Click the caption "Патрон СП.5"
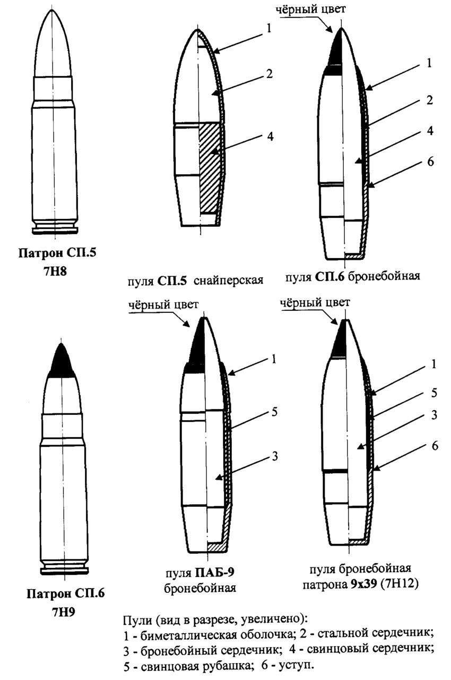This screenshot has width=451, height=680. coord(58,253)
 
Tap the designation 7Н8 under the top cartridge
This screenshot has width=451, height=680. coord(58,271)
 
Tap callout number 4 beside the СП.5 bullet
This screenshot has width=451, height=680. coord(270,137)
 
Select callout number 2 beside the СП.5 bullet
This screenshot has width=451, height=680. coord(269,74)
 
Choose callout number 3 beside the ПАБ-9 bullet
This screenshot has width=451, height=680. coord(275,455)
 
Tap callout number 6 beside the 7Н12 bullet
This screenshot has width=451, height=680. coord(434,446)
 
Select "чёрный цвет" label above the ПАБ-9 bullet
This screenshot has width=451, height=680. coord(163,305)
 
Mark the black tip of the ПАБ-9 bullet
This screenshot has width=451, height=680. coord(197,345)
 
